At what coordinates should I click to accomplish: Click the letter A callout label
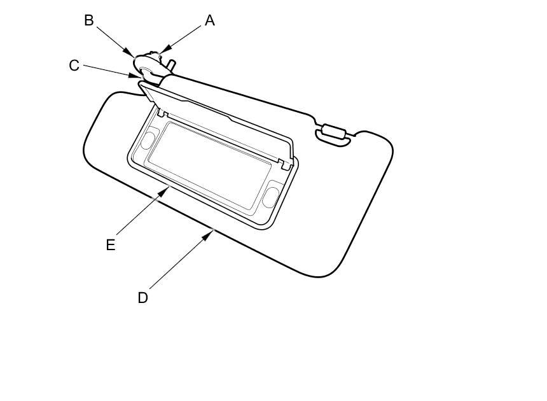(x=209, y=21)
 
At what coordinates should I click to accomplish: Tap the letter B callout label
(x=89, y=20)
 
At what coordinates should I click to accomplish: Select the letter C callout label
(x=74, y=66)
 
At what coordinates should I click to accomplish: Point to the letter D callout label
(x=142, y=297)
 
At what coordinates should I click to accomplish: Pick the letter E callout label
(x=111, y=245)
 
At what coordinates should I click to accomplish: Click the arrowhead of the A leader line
(x=162, y=51)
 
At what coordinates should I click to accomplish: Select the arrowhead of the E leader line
(x=169, y=187)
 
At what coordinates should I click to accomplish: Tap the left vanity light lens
(x=149, y=138)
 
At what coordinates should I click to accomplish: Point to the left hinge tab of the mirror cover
(x=162, y=113)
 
